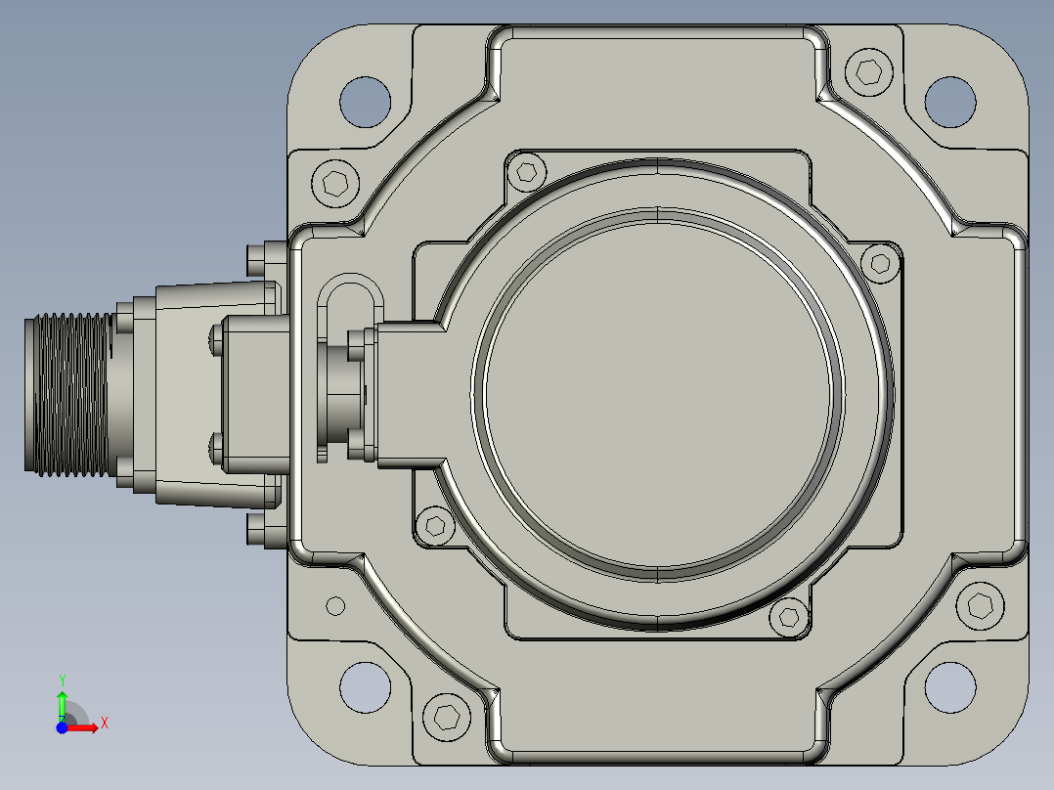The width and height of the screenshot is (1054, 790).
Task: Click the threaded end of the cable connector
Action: coord(67,395)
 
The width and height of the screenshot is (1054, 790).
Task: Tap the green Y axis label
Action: coord(62,680)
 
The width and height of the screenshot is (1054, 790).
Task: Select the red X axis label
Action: coord(105,724)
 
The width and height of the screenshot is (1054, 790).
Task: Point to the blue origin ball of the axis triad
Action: coord(62,727)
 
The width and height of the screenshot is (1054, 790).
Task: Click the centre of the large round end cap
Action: coord(657,395)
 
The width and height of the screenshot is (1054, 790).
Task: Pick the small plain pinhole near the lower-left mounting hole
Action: coord(335,606)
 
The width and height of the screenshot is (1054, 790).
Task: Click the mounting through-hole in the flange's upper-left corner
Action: coord(365,102)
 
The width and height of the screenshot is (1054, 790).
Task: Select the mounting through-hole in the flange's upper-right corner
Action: coord(949,102)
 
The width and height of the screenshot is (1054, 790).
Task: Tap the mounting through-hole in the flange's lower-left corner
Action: coord(365,687)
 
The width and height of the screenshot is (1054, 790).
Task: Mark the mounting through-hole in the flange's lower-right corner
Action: coord(949,687)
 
